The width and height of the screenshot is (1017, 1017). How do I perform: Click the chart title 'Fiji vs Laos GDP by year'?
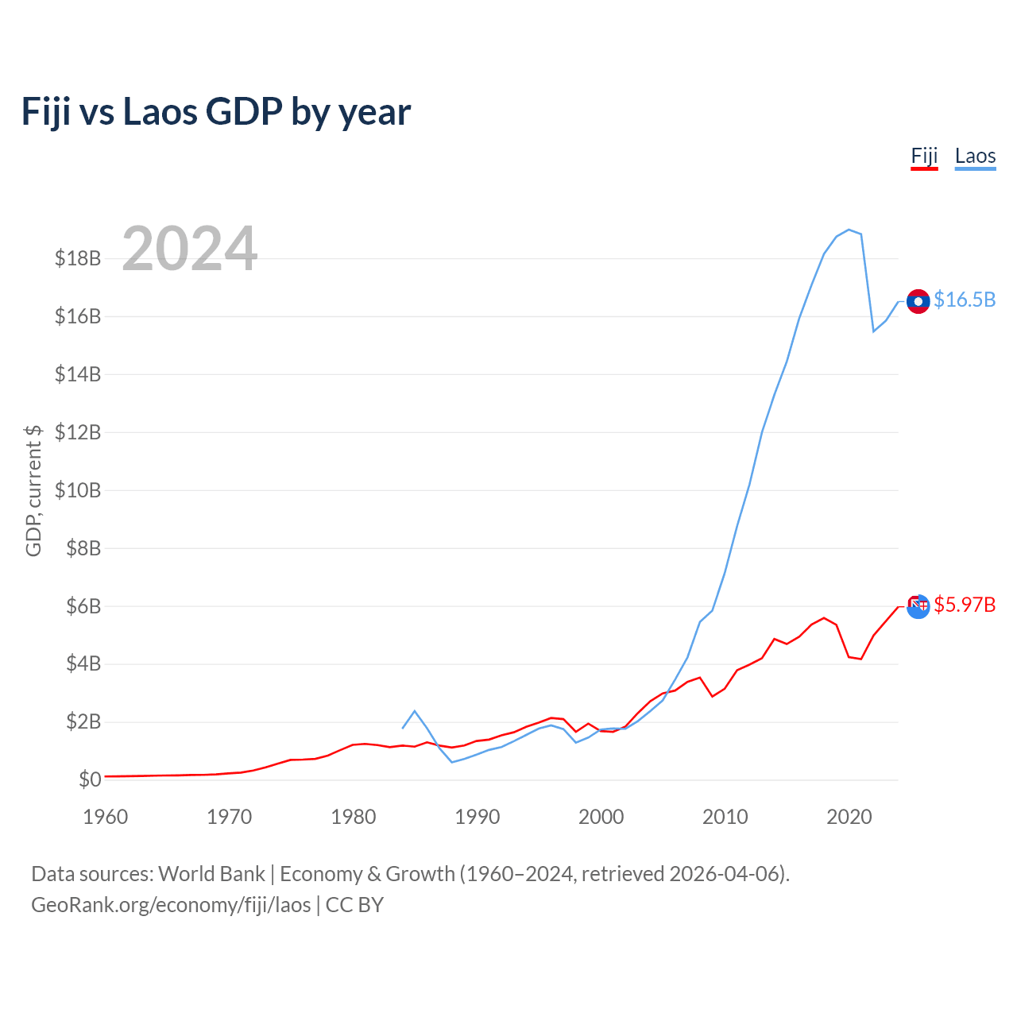click(x=216, y=112)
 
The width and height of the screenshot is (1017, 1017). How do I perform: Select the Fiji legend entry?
click(x=924, y=157)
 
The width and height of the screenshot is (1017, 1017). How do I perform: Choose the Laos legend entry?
click(x=976, y=157)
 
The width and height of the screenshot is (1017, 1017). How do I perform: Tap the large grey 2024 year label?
click(x=189, y=248)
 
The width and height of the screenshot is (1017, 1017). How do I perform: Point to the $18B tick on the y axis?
click(x=78, y=258)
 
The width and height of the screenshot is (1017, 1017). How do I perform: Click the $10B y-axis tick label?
click(x=78, y=490)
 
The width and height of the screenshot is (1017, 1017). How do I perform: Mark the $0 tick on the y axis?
click(x=90, y=779)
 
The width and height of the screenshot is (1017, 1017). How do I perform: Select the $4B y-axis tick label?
click(x=83, y=664)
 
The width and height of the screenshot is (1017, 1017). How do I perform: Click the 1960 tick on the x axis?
click(x=106, y=817)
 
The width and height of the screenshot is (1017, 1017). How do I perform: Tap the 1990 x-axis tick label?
click(x=477, y=817)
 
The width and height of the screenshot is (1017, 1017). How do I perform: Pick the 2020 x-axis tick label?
click(x=849, y=817)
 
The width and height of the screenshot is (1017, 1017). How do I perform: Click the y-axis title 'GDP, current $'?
click(x=33, y=490)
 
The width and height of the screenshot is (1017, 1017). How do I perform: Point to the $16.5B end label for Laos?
click(x=965, y=300)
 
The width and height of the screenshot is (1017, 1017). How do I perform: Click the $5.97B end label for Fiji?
click(x=965, y=605)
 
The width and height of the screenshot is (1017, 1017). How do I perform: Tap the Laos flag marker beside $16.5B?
click(x=918, y=301)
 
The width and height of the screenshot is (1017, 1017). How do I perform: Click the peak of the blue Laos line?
click(x=849, y=230)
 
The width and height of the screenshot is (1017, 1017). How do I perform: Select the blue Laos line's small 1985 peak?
click(x=415, y=711)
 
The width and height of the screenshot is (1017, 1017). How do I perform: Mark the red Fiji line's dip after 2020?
click(x=860, y=659)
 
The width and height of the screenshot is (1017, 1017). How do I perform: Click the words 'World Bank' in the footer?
click(x=211, y=874)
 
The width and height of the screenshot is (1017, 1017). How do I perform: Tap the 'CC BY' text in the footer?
click(x=354, y=905)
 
